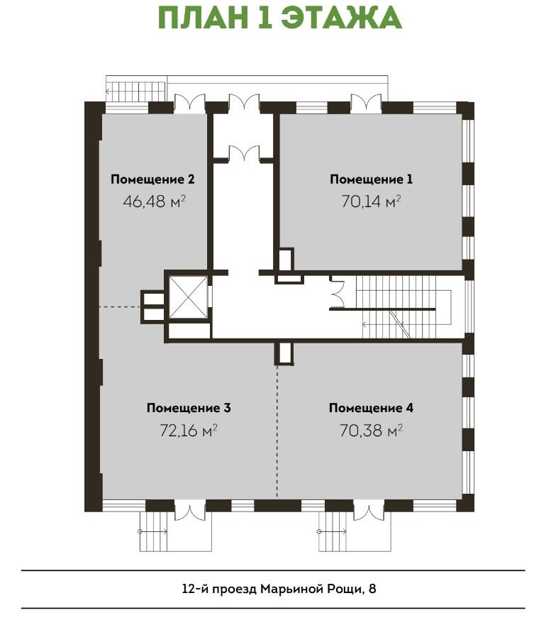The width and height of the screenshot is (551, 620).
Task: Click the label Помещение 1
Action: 371,179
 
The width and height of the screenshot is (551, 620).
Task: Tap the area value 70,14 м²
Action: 371,201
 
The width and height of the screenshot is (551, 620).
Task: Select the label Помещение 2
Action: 152,179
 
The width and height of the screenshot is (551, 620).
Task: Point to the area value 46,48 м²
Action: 154,201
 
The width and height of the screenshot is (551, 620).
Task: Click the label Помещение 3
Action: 189,408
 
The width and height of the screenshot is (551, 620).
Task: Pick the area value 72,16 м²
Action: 189,430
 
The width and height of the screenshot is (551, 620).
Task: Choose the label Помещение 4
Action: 371,408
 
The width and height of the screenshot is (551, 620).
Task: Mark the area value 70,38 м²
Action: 371,430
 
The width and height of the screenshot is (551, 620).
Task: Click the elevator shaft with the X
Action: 188,297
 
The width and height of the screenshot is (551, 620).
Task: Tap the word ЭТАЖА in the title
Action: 343,18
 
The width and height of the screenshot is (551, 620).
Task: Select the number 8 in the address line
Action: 372,589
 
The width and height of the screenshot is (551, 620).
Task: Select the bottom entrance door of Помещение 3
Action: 190,511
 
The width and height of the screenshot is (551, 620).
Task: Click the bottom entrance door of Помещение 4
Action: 369,511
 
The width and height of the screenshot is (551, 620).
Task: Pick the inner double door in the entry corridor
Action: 244,153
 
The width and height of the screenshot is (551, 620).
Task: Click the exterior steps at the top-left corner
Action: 135,92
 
